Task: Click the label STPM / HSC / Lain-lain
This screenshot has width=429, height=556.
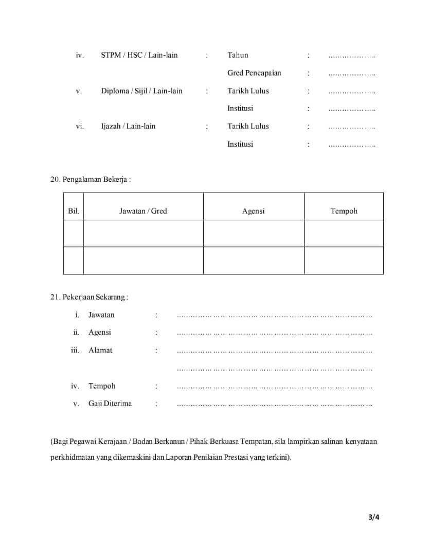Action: pos(139,55)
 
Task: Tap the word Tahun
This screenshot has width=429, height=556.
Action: pos(238,55)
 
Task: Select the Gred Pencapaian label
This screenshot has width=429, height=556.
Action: pos(254,73)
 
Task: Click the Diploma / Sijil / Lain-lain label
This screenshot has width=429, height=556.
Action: pos(141,91)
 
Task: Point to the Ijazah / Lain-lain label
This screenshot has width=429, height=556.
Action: pos(128,126)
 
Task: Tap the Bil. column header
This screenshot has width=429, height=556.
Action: pos(74,211)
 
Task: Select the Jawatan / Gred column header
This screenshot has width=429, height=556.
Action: pos(143,211)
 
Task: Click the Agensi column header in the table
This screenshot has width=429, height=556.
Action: pos(254,211)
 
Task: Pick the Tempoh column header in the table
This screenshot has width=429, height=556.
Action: pos(344,211)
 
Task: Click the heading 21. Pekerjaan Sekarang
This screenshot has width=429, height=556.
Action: pos(89,297)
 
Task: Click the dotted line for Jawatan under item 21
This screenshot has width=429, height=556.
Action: pos(274,316)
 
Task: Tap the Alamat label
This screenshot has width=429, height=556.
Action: pos(100,350)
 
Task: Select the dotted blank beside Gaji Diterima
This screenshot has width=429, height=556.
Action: pos(274,405)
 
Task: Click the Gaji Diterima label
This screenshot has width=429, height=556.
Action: pos(110,404)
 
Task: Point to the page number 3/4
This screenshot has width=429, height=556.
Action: pos(373,517)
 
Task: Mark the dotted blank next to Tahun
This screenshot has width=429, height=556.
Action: pos(352,56)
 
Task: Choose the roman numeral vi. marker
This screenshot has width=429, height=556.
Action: pos(80,126)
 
